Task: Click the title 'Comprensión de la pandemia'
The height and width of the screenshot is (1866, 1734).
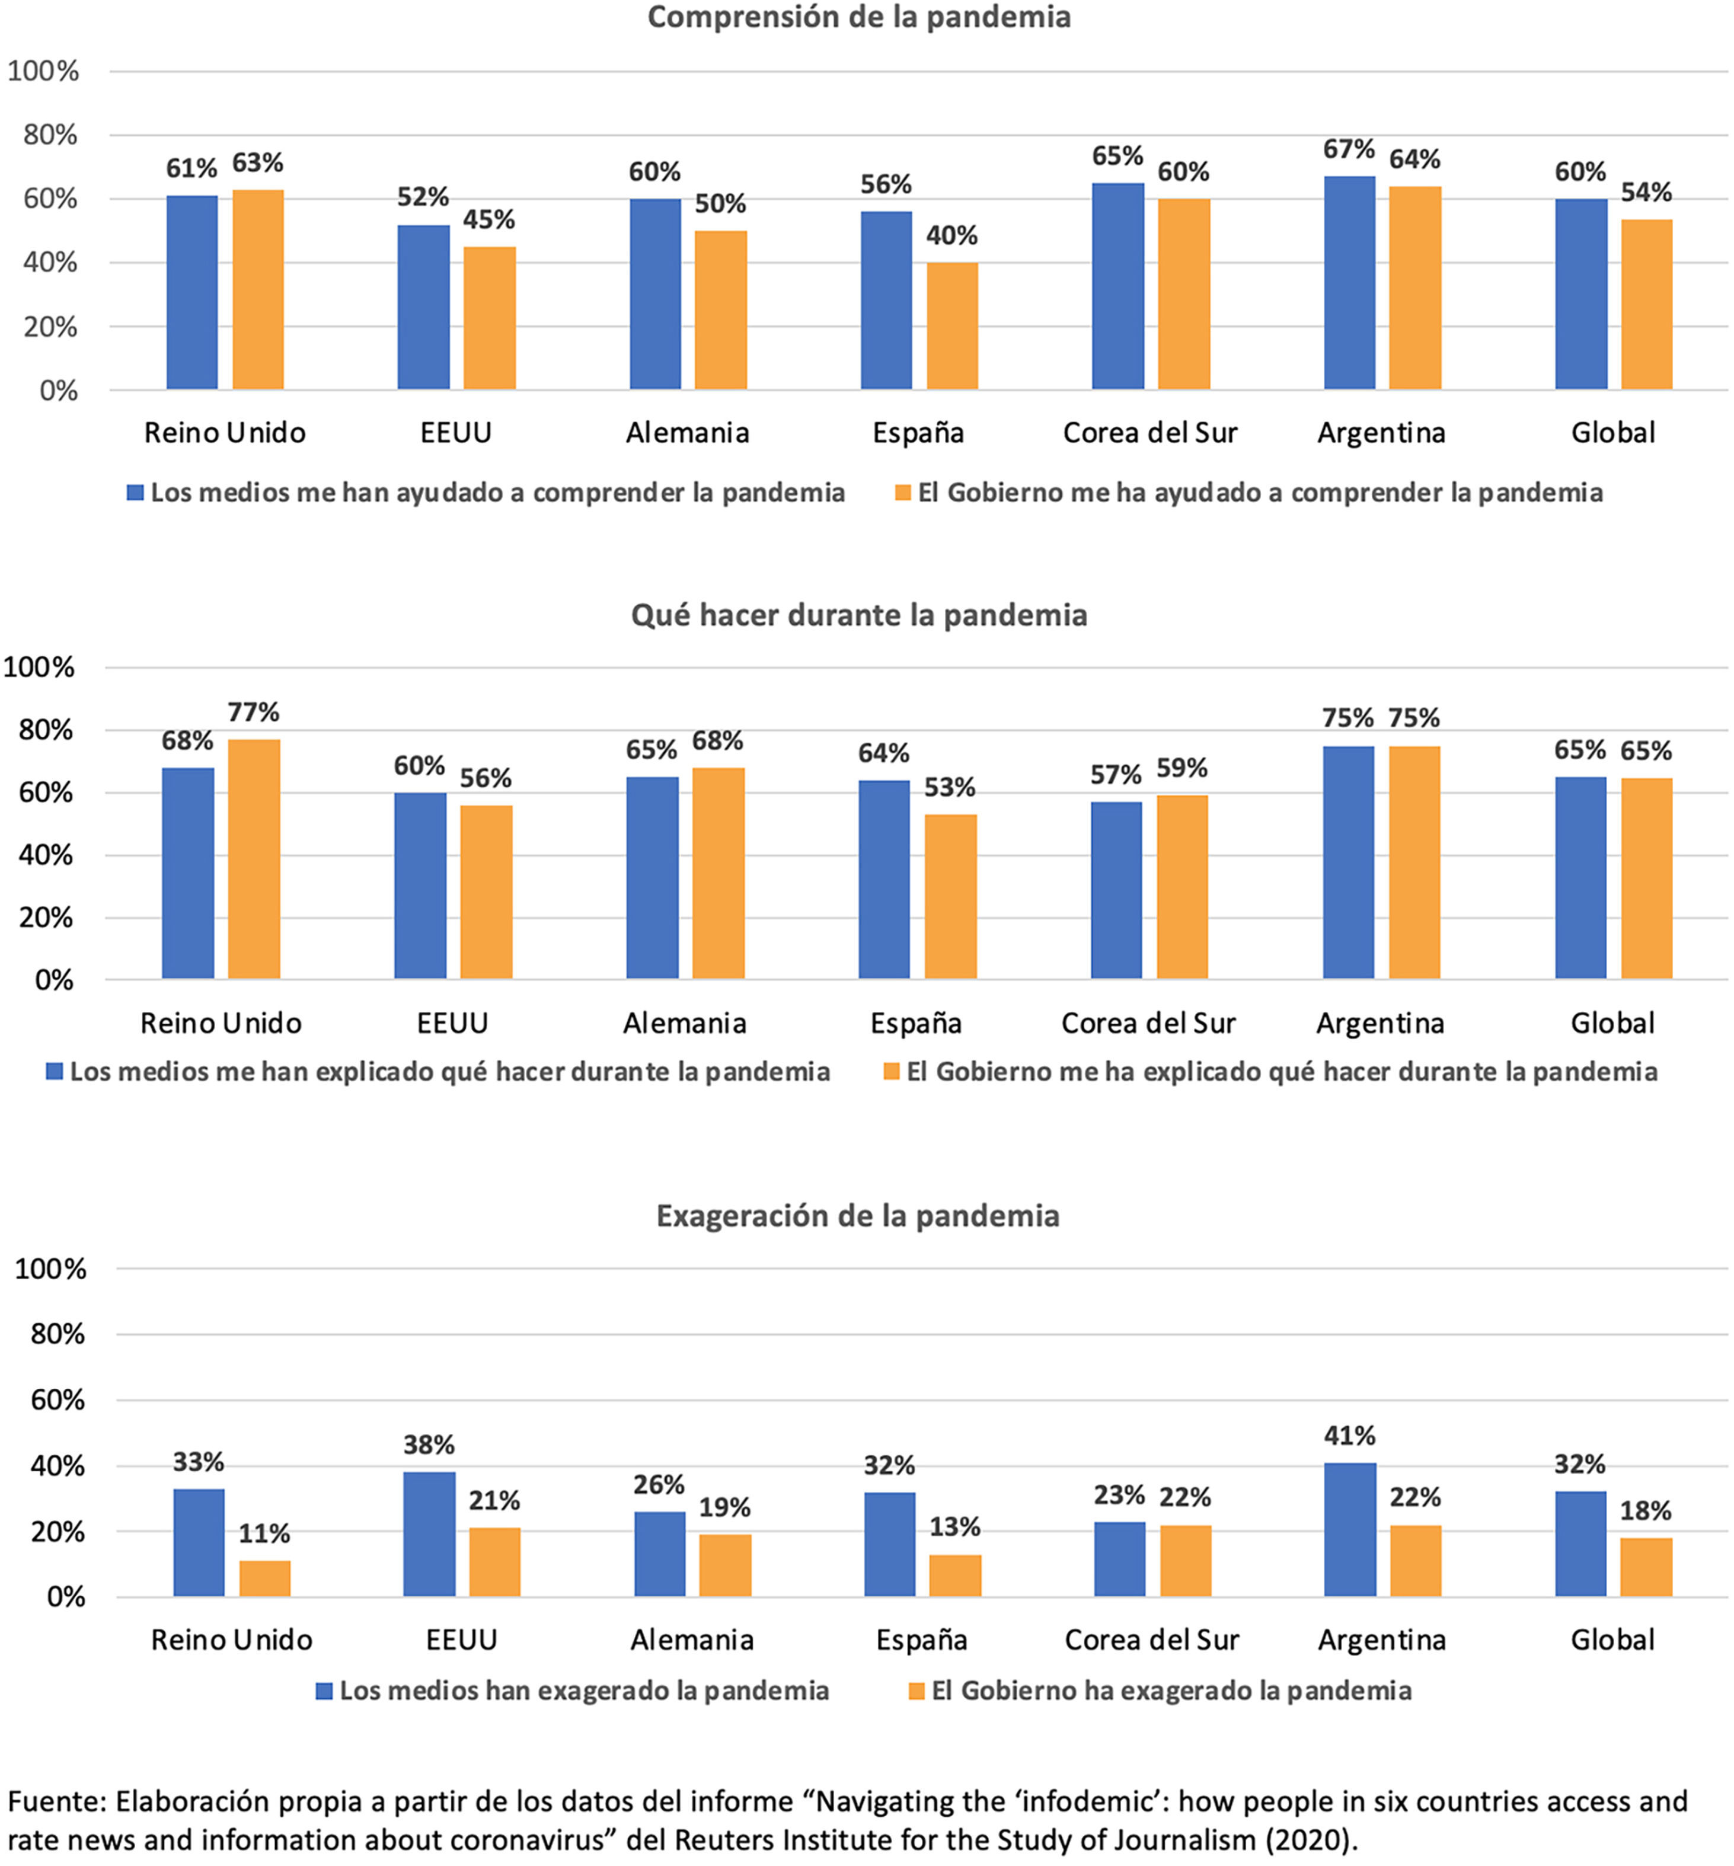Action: click(858, 17)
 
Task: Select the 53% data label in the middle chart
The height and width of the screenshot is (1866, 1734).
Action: click(950, 787)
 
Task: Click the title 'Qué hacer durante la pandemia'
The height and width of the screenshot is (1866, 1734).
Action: click(858, 615)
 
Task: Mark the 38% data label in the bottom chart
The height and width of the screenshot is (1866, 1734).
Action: click(429, 1445)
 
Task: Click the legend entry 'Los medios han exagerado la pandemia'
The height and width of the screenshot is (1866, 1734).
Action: click(583, 1691)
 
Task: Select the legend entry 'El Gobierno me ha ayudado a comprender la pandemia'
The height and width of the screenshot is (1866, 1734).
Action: click(1259, 493)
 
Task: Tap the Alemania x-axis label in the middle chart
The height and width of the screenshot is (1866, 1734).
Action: click(685, 1023)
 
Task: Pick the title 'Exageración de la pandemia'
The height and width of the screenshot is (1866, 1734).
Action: click(858, 1216)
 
